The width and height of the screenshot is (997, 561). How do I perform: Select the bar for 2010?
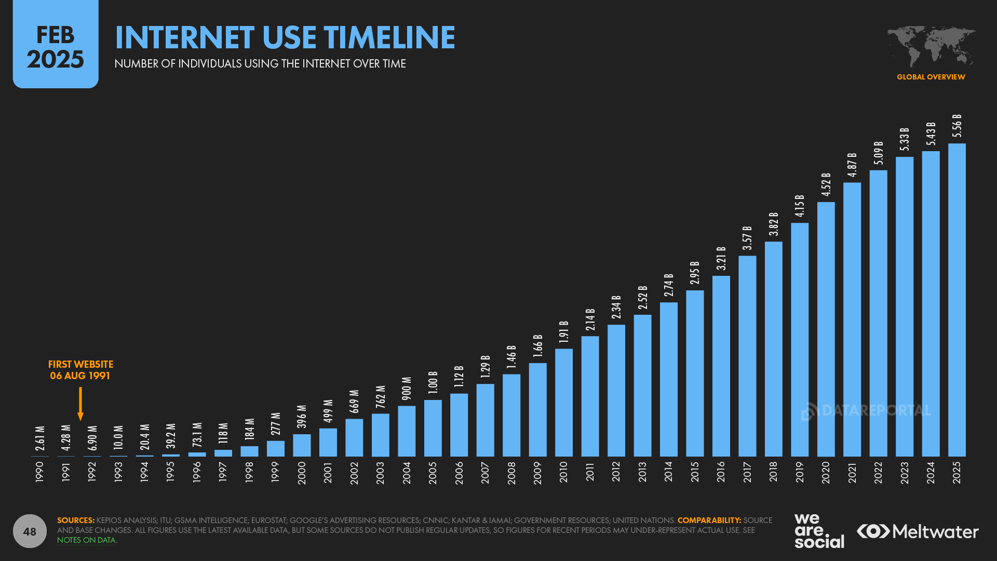563,403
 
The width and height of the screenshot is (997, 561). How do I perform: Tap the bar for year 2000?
302,445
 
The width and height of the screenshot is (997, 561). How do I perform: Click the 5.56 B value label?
956,126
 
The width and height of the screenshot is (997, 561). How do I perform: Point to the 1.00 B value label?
433,383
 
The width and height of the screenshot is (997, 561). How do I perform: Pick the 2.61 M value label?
40,438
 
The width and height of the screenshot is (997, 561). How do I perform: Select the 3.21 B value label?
721,258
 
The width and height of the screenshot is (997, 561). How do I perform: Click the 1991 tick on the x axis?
66,472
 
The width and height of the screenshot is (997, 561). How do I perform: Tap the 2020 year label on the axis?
826,472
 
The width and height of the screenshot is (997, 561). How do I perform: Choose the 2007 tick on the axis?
485,472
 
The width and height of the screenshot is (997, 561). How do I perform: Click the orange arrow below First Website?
80,404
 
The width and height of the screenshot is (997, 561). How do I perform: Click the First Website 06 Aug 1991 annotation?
80,370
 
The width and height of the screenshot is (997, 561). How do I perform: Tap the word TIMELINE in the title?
389,37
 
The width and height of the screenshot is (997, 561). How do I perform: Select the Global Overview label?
931,77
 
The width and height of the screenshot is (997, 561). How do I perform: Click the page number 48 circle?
30,531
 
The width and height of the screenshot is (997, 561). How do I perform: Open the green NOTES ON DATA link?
86,540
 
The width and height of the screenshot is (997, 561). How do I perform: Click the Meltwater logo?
918,531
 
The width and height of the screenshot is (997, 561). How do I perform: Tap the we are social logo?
819,531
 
